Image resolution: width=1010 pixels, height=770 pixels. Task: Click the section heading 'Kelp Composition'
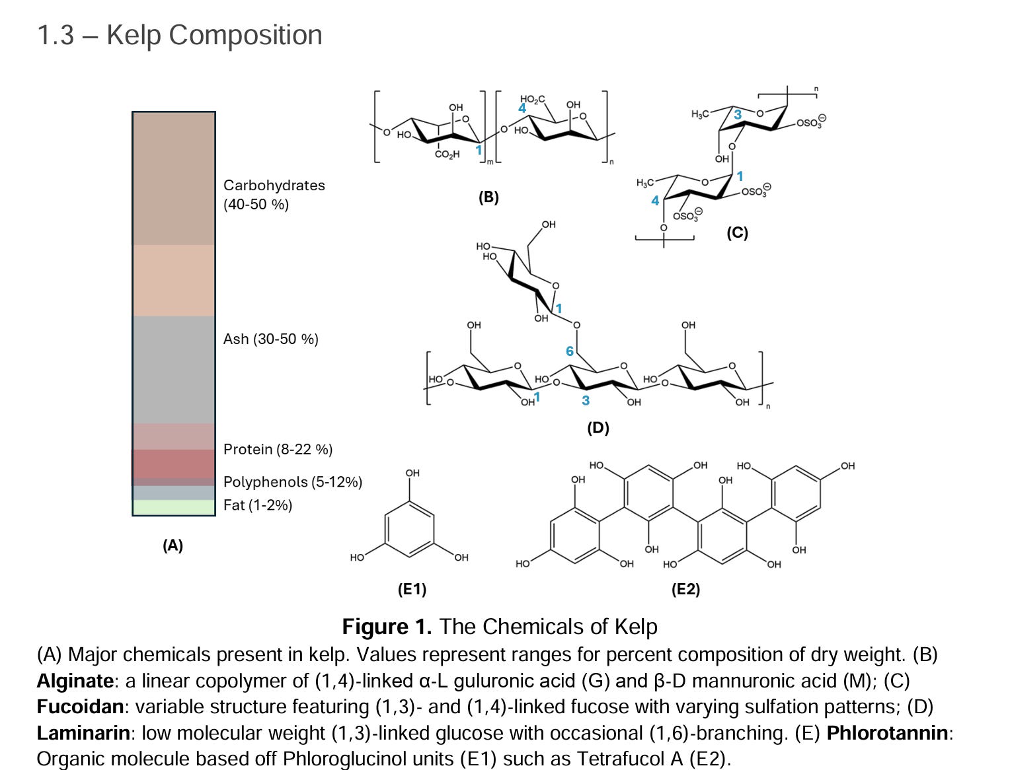tap(214, 35)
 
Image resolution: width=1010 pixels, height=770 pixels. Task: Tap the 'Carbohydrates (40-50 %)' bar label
tap(274, 194)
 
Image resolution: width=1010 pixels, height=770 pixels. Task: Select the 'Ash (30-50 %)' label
tap(270, 339)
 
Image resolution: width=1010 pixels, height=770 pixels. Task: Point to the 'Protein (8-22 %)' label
tap(278, 449)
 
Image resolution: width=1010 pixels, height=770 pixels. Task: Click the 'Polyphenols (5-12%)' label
tap(292, 482)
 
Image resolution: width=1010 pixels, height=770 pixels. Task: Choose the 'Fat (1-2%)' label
tap(257, 505)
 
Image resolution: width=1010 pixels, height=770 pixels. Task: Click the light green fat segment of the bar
tap(174, 507)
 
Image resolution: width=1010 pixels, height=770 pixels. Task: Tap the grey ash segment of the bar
tap(174, 370)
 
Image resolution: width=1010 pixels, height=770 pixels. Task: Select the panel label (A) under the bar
tap(173, 545)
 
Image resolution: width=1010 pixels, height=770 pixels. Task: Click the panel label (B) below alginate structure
tap(488, 197)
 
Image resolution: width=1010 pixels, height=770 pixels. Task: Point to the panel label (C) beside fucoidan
tap(737, 232)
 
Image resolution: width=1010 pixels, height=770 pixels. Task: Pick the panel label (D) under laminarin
tap(598, 427)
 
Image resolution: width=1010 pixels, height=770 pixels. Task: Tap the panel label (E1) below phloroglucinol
tap(412, 589)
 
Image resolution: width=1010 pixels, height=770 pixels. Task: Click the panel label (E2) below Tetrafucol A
tap(685, 589)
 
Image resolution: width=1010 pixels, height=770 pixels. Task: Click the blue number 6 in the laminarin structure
tap(570, 351)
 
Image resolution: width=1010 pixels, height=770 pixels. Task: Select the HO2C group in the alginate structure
tap(532, 99)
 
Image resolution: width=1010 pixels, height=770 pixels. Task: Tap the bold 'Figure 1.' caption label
tap(387, 626)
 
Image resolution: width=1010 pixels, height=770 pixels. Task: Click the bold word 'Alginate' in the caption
tap(75, 681)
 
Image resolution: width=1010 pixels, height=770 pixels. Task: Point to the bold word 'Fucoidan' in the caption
tap(80, 707)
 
